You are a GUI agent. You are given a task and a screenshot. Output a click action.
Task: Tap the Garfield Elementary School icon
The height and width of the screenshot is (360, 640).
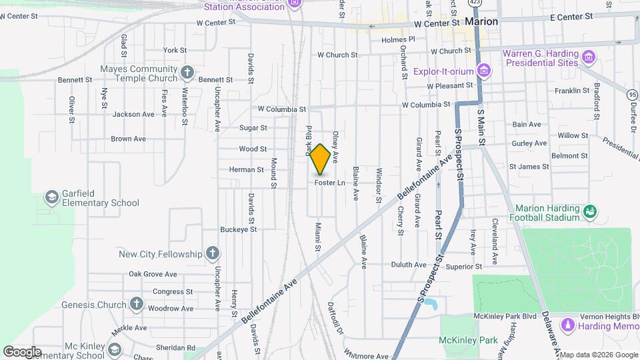click(x=51, y=198)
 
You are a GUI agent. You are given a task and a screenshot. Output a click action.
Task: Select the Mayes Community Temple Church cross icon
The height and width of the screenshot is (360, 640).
click(x=187, y=72)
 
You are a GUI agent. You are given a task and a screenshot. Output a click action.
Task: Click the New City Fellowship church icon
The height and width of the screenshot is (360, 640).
click(x=212, y=253)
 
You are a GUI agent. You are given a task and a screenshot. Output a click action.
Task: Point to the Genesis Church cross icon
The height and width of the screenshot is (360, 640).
click(x=137, y=304)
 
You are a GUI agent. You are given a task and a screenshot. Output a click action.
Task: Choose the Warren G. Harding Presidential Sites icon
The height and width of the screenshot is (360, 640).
click(x=588, y=56)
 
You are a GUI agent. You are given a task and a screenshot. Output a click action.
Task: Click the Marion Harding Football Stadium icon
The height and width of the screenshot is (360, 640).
click(x=589, y=212)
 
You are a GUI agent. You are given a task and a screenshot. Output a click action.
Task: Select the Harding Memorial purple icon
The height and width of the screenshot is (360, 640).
click(x=567, y=326)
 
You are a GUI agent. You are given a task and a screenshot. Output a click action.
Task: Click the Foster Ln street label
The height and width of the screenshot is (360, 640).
click(x=330, y=182)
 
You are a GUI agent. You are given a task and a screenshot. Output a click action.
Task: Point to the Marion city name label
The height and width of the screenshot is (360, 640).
click(x=481, y=21)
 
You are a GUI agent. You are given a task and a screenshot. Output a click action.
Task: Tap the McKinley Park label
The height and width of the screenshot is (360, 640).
click(x=469, y=340)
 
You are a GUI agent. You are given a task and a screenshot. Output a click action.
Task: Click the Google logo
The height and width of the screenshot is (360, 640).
click(x=22, y=351)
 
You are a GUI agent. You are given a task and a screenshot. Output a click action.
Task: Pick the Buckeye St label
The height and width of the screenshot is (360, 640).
click(x=239, y=229)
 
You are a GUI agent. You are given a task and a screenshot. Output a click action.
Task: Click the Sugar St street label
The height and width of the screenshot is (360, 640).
click(x=253, y=127)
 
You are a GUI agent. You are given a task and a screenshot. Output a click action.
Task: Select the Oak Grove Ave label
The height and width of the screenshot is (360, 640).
click(x=153, y=274)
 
